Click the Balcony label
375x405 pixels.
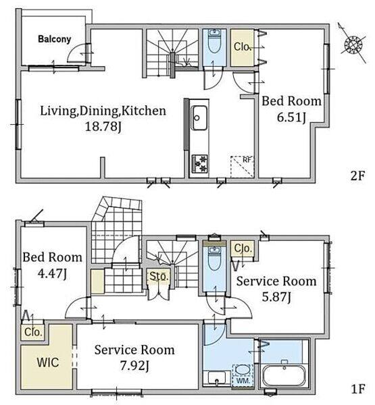(55, 39)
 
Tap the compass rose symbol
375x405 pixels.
(353, 44)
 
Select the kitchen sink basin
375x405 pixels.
(199, 117)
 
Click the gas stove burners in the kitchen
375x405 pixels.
(199, 163)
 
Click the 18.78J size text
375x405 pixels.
(103, 127)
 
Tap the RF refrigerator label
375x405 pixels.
(247, 159)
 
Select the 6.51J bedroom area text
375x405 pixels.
(291, 117)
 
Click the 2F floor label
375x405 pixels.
(357, 176)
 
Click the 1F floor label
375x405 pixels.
(358, 389)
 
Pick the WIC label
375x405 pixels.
(47, 362)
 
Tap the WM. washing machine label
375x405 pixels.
(243, 381)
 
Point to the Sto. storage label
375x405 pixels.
(159, 276)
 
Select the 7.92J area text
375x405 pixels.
(134, 366)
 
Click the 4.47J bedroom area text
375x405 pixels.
(52, 273)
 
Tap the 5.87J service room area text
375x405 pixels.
(276, 297)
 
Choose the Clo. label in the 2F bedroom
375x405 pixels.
(242, 47)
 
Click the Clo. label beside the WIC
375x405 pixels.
(33, 332)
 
